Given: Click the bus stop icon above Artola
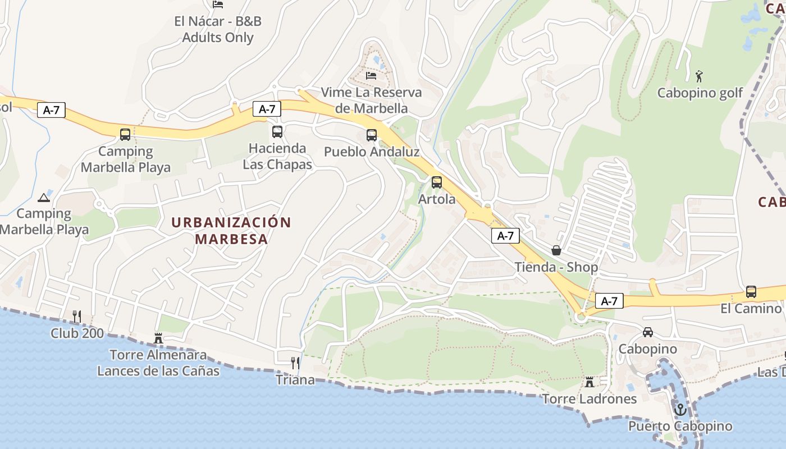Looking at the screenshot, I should pos(436,182).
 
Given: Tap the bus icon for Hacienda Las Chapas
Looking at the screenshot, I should pos(277,132).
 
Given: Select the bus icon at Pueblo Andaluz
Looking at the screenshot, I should pos(372,135).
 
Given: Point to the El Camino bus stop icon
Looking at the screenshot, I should pos(751,292).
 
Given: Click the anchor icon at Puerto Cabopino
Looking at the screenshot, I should pos(680,410).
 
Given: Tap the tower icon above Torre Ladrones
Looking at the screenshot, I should pos(589,382).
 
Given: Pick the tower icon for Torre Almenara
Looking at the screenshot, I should pos(158,338).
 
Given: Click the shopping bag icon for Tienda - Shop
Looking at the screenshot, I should pos(556,250).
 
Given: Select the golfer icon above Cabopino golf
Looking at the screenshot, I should pos(699,76).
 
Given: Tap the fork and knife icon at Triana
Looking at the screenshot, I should pos(295,363).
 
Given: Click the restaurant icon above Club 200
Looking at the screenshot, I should pos(77,317).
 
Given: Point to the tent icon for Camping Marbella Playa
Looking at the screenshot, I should pos(44,198).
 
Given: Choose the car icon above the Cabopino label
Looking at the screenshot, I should pos(648,332).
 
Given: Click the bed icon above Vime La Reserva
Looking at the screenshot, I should pos(371,75).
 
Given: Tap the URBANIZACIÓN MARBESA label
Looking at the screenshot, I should pos(231,230).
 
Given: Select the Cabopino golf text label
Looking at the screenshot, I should pos(700,93).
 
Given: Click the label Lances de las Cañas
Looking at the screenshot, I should pos(158,371).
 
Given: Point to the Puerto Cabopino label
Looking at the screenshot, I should pos(680,426).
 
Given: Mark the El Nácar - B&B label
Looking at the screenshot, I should pos(218,22).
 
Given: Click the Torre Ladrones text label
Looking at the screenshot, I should pos(589,398).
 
